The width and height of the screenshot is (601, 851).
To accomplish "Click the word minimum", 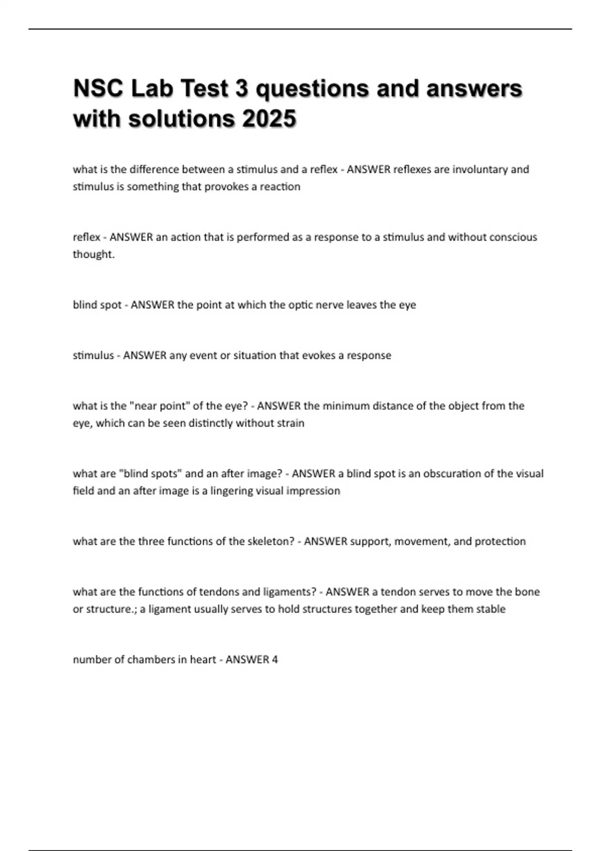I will tap(345, 406).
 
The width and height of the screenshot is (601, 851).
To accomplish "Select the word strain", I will tap(290, 423).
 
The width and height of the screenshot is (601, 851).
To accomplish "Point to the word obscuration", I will tap(452, 474).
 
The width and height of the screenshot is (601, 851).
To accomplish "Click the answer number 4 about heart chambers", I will tap(274, 659).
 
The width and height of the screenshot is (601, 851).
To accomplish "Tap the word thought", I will tap(93, 254).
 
